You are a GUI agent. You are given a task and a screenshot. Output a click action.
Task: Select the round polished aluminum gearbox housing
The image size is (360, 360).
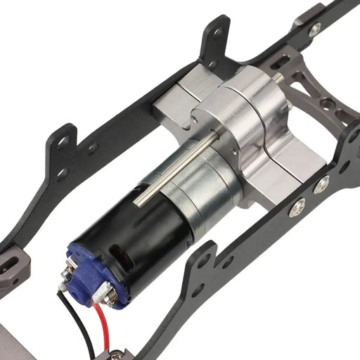pos(246,112)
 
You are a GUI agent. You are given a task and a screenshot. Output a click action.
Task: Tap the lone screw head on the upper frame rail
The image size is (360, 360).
pos(315,29)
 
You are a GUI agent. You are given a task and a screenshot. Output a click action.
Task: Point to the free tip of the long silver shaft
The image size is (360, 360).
pos(136,202)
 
